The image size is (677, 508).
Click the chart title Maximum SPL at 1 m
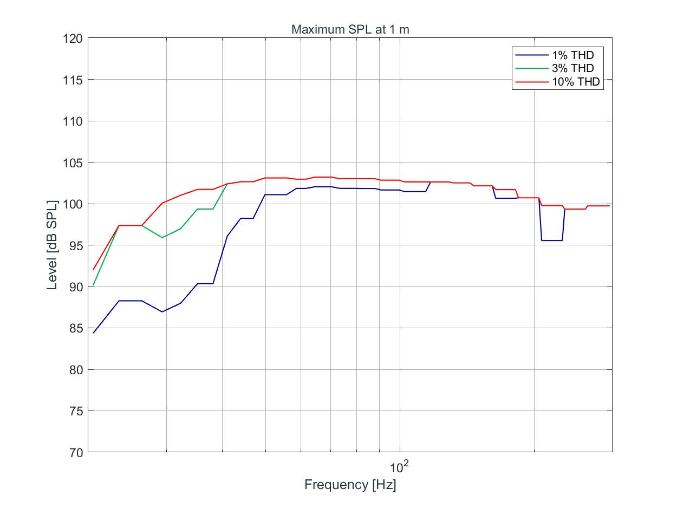350,30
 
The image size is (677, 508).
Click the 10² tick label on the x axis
398,466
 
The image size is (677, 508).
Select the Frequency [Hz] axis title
350,485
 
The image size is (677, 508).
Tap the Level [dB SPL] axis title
52,245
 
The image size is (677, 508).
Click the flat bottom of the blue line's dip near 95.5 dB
552,240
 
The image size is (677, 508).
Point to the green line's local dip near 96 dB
162,237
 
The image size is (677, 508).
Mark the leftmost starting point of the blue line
94,333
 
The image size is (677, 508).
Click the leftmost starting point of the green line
94,285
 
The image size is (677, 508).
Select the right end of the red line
609,206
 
